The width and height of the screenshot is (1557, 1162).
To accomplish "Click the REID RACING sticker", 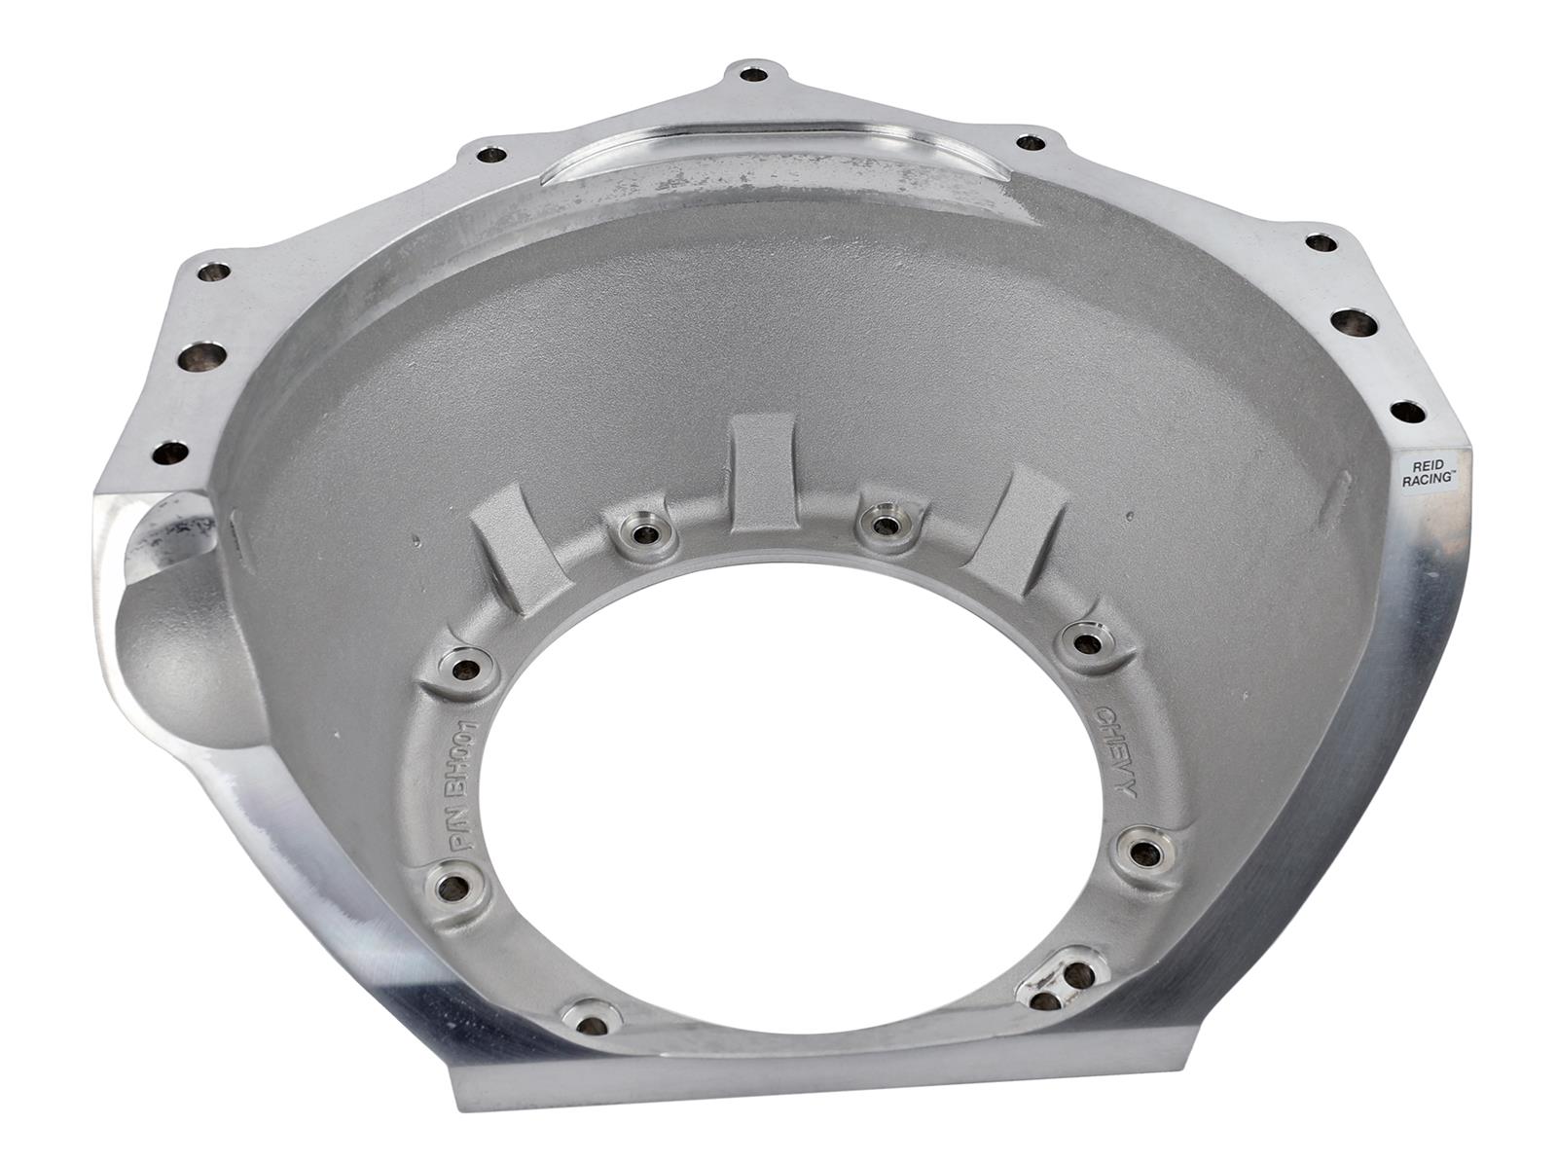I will coord(1427,473).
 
